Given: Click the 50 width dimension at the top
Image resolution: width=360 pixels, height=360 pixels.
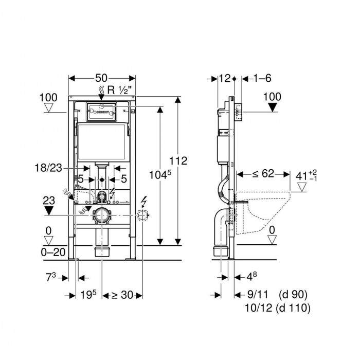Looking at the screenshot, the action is coord(101,78).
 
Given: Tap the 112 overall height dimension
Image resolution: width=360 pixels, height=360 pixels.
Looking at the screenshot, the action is coord(178,160).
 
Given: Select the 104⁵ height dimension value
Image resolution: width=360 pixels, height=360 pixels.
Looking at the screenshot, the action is coord(160,175).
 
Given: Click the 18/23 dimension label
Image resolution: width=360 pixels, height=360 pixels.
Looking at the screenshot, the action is coord(48,168).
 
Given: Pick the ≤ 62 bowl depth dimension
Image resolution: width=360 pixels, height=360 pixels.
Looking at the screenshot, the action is coord(263,174).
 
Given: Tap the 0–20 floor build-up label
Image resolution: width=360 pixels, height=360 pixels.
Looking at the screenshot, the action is coord(53,253).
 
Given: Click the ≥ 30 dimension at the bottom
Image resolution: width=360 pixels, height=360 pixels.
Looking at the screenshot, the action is coord(122,295).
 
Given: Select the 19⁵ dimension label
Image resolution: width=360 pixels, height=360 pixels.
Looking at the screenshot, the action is coord(88,295).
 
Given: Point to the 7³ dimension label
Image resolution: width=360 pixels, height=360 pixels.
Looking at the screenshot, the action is coord(51,277).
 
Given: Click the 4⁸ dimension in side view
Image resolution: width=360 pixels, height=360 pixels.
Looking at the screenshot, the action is coord(251,277).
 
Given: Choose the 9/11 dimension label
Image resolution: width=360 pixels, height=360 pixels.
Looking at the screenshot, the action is coord(258,295).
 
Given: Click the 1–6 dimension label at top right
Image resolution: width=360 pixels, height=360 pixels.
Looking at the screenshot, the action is coord(262,78).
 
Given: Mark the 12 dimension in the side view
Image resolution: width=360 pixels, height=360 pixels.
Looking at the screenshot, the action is coord(225,78).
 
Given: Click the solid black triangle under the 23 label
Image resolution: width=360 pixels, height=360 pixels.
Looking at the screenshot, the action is coord(49,210).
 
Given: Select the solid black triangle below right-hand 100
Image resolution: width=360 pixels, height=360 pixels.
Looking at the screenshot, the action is coord(272,107).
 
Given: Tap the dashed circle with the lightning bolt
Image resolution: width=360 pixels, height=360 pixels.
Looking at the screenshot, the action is coord(142,215).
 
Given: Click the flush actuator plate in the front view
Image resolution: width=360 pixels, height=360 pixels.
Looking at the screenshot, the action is coord(101,112).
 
